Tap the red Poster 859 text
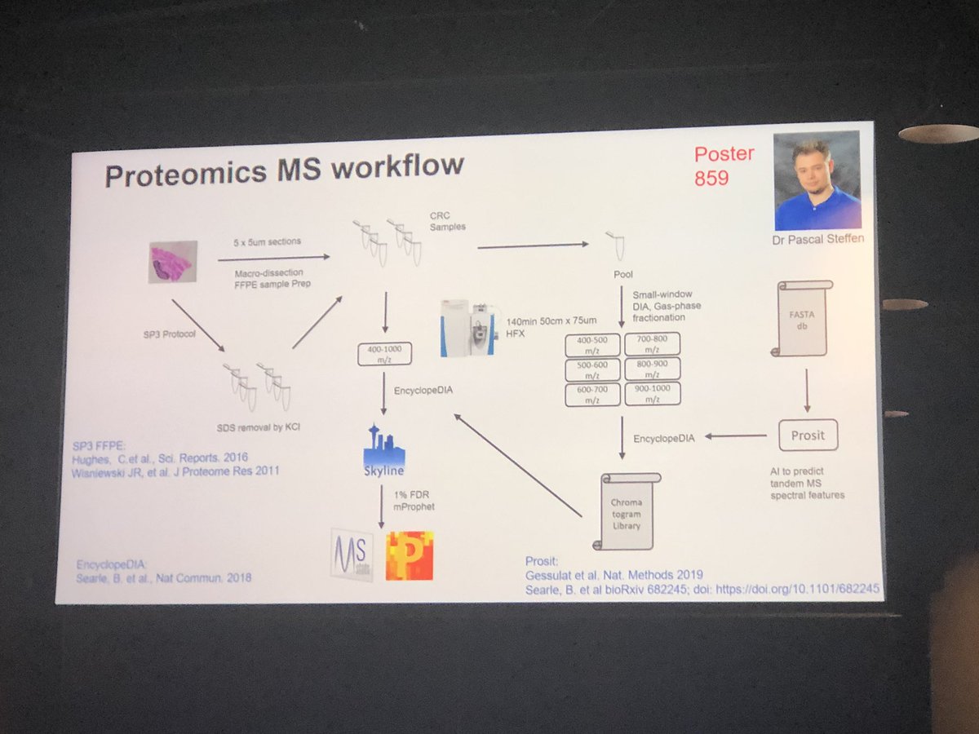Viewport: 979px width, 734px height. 723,165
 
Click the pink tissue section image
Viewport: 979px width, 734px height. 173,261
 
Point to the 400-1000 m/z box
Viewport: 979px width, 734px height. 384,353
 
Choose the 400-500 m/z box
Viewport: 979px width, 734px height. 591,343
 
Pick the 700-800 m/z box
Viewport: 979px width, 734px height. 651,343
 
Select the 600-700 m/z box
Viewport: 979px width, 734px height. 592,395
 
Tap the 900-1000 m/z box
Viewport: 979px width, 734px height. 652,394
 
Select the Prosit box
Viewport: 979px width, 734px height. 807,436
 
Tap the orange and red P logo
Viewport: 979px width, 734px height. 410,555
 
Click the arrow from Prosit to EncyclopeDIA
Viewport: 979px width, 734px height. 735,437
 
